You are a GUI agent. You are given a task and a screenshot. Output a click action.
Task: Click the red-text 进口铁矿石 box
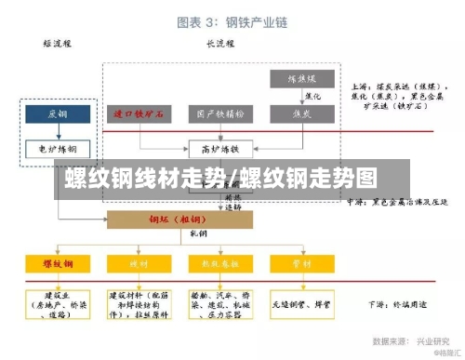pos(139,113)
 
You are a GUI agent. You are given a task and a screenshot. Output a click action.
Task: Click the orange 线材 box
pos(139,264)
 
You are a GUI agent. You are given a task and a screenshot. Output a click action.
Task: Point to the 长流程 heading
pos(219,44)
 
